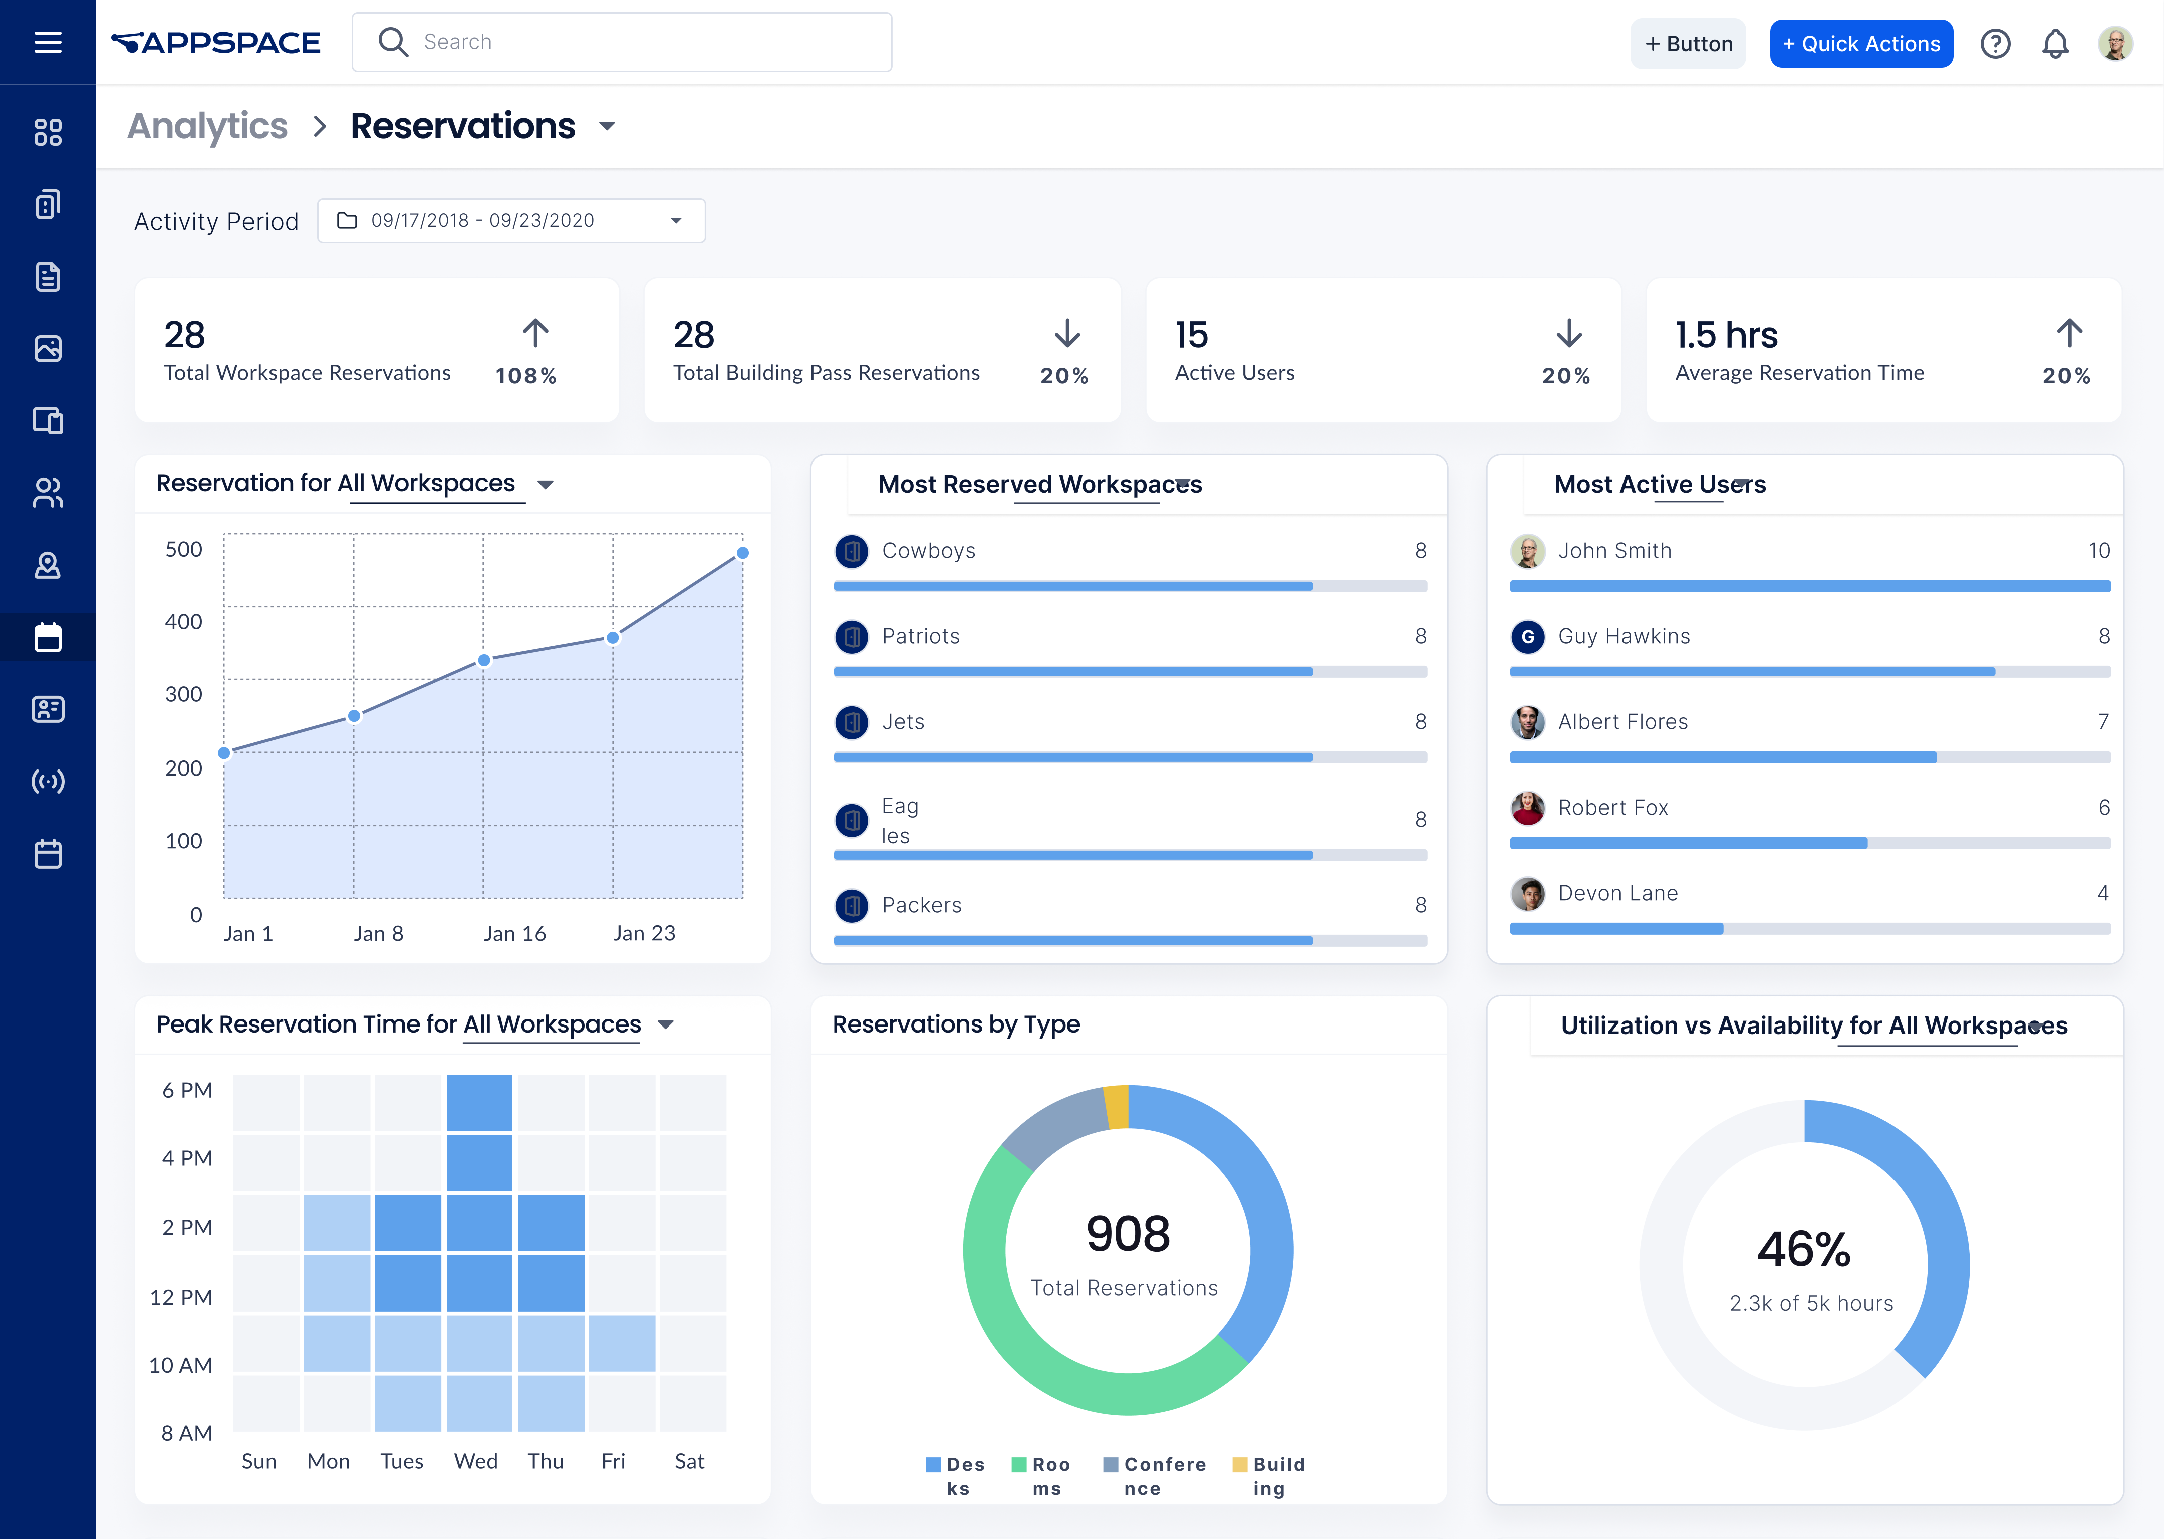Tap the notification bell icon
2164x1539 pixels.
[x=2054, y=44]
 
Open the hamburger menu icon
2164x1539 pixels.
[x=48, y=42]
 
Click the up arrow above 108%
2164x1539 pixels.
[x=535, y=333]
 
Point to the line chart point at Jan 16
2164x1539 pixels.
[x=484, y=660]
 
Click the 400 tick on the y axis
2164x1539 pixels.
[x=184, y=622]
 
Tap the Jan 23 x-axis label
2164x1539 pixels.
[x=644, y=933]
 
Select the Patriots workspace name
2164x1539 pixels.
[x=920, y=636]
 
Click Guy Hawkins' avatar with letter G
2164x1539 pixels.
[x=1527, y=637]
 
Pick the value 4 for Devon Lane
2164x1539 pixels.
[x=2102, y=893]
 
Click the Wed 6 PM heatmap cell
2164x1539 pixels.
[x=479, y=1102]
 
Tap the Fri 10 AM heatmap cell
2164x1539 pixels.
[x=622, y=1343]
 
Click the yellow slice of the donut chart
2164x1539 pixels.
[x=1117, y=1107]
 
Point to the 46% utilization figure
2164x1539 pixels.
[x=1803, y=1249]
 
